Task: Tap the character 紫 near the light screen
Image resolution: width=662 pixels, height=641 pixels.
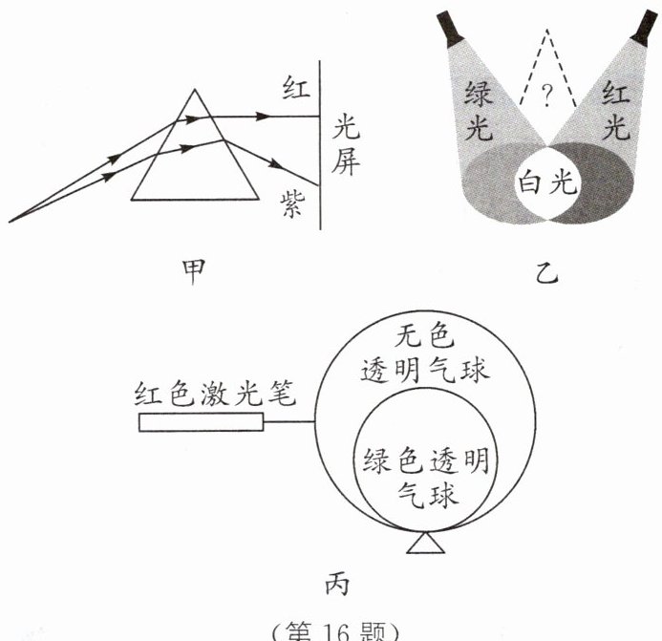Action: click(x=292, y=203)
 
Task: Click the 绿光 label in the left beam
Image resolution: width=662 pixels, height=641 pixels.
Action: click(x=480, y=109)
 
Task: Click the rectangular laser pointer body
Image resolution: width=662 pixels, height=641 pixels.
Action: click(x=201, y=421)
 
